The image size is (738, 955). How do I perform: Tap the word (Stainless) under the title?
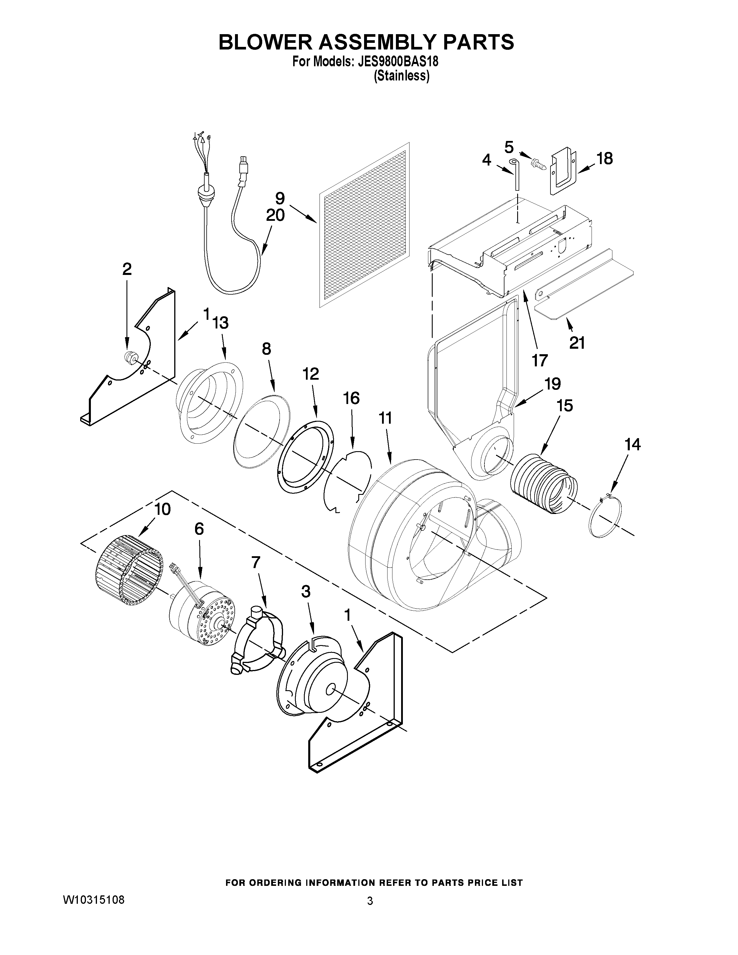pyautogui.click(x=401, y=76)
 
